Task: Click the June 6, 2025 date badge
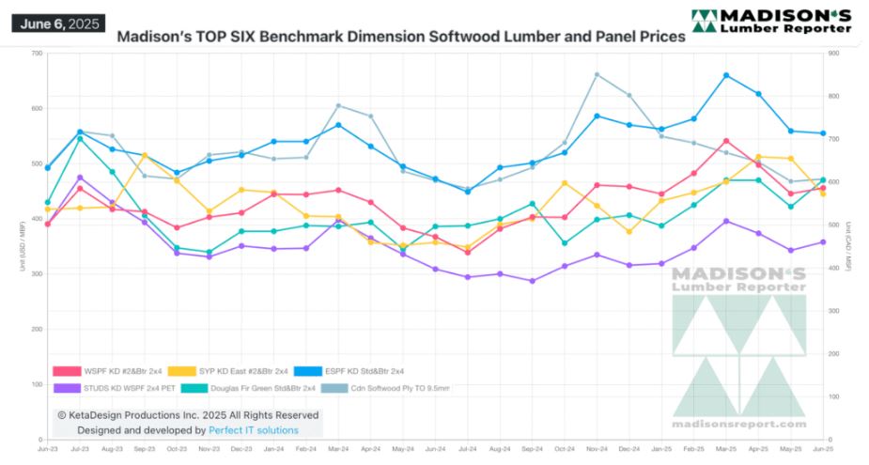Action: point(57,23)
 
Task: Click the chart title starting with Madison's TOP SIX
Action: point(400,39)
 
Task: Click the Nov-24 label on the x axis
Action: point(597,450)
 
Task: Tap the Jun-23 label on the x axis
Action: point(47,450)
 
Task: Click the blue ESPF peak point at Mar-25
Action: point(726,75)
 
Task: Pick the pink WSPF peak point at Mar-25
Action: point(726,141)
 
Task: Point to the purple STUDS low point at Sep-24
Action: point(533,281)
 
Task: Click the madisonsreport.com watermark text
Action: point(739,426)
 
